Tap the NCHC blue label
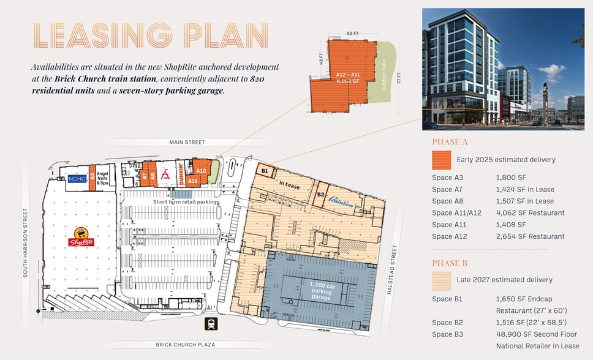tap(77, 179)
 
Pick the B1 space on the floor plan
tap(265, 171)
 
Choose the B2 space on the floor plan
tap(320, 194)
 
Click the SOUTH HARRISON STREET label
tap(25, 242)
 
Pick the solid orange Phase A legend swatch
tap(442, 160)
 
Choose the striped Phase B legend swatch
tap(442, 280)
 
